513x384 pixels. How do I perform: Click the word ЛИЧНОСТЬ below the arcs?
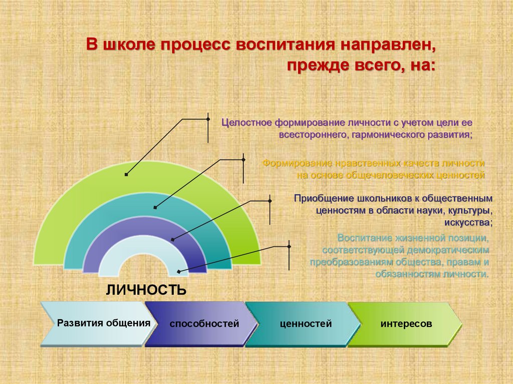146,290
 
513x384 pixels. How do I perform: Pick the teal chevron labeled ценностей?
306,324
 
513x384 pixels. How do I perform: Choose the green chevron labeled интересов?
406,324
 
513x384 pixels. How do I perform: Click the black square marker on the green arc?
126,174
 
